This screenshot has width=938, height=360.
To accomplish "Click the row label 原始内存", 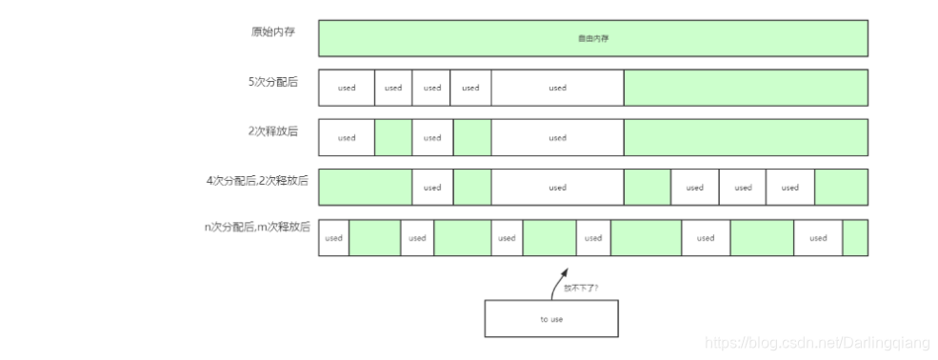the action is point(273,31).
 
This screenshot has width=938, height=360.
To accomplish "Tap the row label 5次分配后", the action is point(272,82).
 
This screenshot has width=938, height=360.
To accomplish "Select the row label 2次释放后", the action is point(272,131).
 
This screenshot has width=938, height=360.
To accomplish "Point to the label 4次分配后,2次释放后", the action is point(257,180).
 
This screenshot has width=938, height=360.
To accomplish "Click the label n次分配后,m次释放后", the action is point(257,228).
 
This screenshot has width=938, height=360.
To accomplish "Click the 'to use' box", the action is point(551,319).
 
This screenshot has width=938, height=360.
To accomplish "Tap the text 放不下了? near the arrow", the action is point(580,287).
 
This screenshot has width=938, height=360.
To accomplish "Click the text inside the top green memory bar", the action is point(592,39).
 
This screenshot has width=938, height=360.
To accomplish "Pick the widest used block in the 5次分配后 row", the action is point(557,88).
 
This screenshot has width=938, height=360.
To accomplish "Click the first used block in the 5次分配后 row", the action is point(347,88).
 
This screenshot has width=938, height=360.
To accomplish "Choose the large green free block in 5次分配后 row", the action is point(746,88).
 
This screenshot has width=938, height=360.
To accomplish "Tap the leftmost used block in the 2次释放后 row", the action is point(347,138).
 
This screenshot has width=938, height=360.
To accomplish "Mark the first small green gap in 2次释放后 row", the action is point(393,138).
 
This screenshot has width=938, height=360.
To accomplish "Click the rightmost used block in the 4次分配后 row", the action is point(789,188).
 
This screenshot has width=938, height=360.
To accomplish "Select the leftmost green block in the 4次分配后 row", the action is point(365,188).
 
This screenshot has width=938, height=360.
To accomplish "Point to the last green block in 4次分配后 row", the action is point(841,188).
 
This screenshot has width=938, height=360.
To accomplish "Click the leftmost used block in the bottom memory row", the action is point(333,238).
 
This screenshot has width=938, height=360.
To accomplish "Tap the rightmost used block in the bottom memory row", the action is point(818,238).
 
